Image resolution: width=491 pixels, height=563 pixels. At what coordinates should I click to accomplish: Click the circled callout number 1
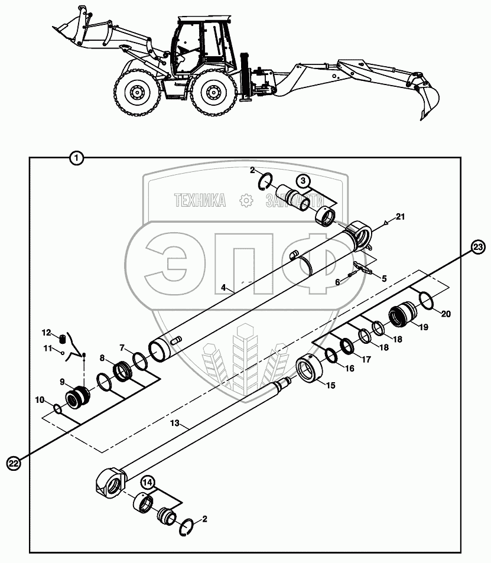(77, 158)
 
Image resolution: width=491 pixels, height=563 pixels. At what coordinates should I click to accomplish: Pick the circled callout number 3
(302, 180)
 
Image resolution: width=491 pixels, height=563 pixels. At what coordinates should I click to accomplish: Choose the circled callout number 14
(148, 483)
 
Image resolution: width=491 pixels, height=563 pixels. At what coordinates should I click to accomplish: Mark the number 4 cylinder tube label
(223, 287)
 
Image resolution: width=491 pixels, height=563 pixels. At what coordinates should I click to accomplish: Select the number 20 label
(446, 314)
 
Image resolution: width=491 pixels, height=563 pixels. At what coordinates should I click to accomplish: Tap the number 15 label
(329, 385)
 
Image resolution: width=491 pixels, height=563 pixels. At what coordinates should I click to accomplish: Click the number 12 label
(47, 332)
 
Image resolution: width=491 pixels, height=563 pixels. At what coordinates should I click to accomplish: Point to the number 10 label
(39, 400)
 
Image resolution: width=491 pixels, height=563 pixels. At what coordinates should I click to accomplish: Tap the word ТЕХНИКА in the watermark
(200, 201)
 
